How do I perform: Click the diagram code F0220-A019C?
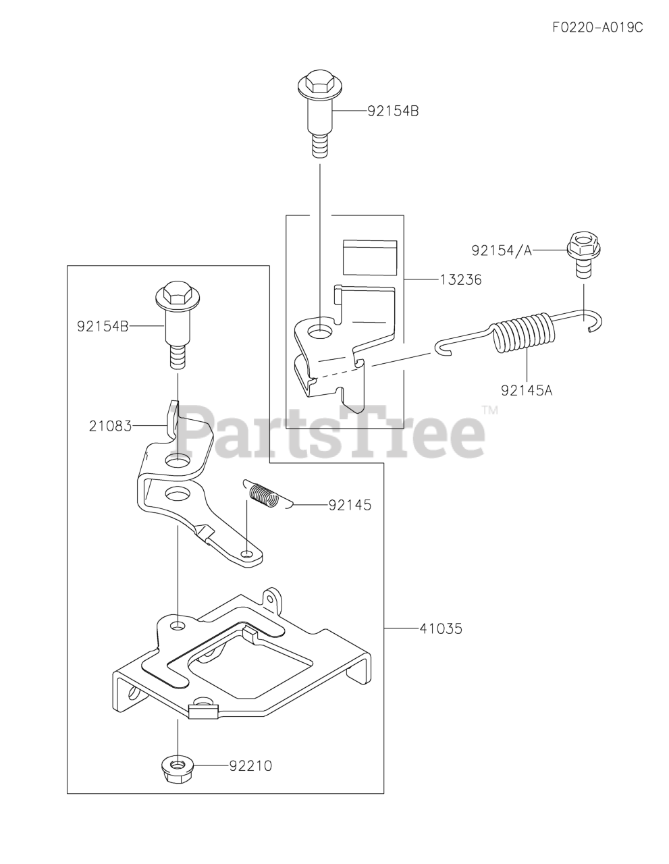[x=597, y=28]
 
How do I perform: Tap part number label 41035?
[x=440, y=628]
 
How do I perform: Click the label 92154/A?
[x=502, y=250]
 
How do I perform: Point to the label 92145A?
[x=527, y=389]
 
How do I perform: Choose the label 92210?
[x=250, y=766]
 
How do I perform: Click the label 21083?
[x=109, y=426]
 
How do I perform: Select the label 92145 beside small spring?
[x=350, y=505]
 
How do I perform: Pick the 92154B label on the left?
[x=103, y=326]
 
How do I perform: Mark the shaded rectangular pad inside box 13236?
[x=369, y=257]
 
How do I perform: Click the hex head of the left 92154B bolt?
[x=177, y=295]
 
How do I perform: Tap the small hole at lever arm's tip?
[x=248, y=554]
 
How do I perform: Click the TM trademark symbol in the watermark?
[x=489, y=410]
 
